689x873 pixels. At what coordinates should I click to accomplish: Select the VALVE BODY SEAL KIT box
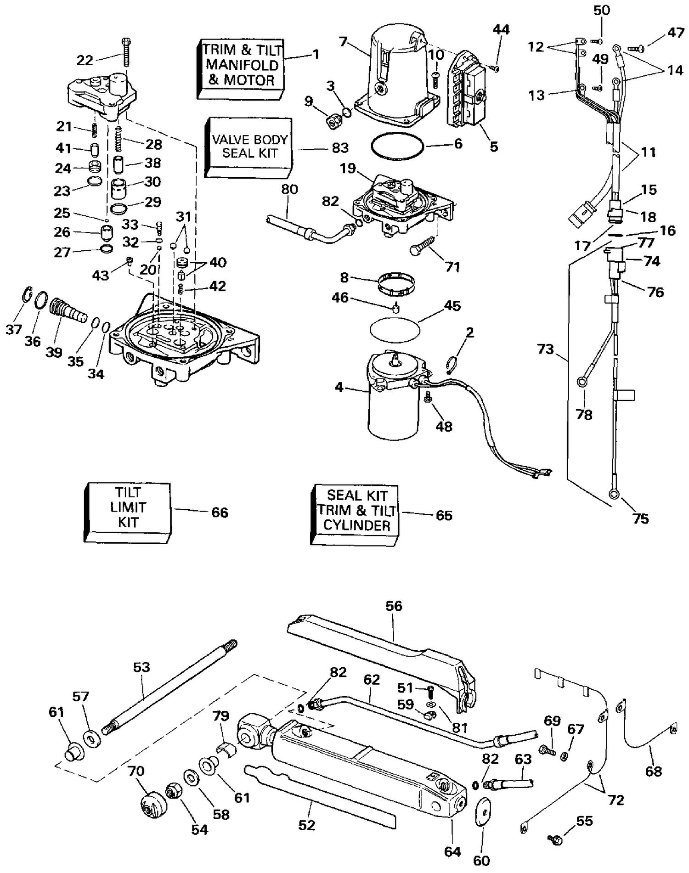pos(248,147)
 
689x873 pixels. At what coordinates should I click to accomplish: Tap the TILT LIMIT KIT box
pos(127,512)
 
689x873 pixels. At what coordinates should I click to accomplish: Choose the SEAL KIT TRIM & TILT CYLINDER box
pos(355,515)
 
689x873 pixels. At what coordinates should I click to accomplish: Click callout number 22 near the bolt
pos(85,60)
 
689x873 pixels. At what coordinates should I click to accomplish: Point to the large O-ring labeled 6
pos(397,146)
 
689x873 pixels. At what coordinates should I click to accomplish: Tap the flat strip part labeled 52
pos(320,797)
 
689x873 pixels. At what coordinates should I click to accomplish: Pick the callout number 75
pos(640,518)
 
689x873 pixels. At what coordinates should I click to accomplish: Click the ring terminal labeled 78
pos(582,381)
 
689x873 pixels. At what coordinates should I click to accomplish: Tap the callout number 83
pos(340,148)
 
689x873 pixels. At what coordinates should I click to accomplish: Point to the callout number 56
pos(394,606)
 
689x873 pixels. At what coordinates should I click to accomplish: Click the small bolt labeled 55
pos(555,839)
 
